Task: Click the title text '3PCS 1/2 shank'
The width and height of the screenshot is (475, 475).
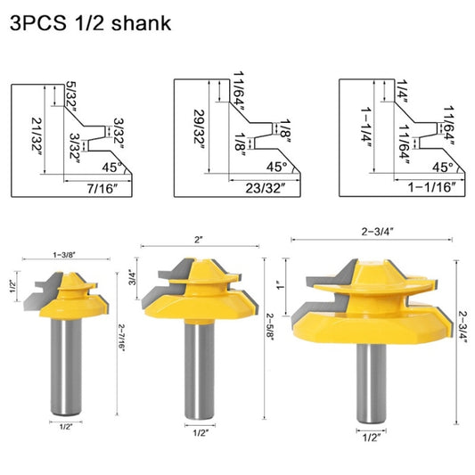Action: (87, 22)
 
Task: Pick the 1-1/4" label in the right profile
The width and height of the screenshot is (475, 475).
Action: (365, 129)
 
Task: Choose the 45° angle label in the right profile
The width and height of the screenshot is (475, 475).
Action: (443, 165)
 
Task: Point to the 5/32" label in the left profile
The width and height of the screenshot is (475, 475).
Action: (72, 90)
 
